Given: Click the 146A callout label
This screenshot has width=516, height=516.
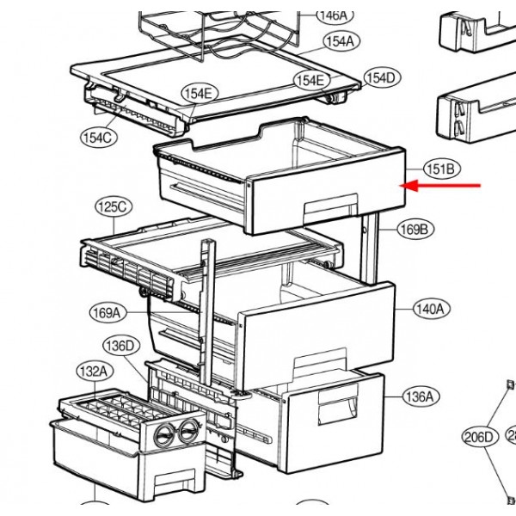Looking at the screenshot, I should [x=332, y=15].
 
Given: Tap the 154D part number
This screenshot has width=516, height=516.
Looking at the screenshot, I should [x=381, y=78].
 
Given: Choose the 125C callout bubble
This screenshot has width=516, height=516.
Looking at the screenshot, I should [x=113, y=207].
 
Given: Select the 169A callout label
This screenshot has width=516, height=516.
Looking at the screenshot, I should [x=107, y=313].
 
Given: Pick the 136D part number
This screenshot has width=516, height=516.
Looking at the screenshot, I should [x=120, y=347].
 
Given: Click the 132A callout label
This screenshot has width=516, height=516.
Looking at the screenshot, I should [x=93, y=372].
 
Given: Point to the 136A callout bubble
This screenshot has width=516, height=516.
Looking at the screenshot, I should [x=419, y=396].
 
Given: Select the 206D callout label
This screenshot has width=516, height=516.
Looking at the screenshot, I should [x=479, y=437].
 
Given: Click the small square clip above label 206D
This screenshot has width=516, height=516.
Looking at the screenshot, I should [x=505, y=384].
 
